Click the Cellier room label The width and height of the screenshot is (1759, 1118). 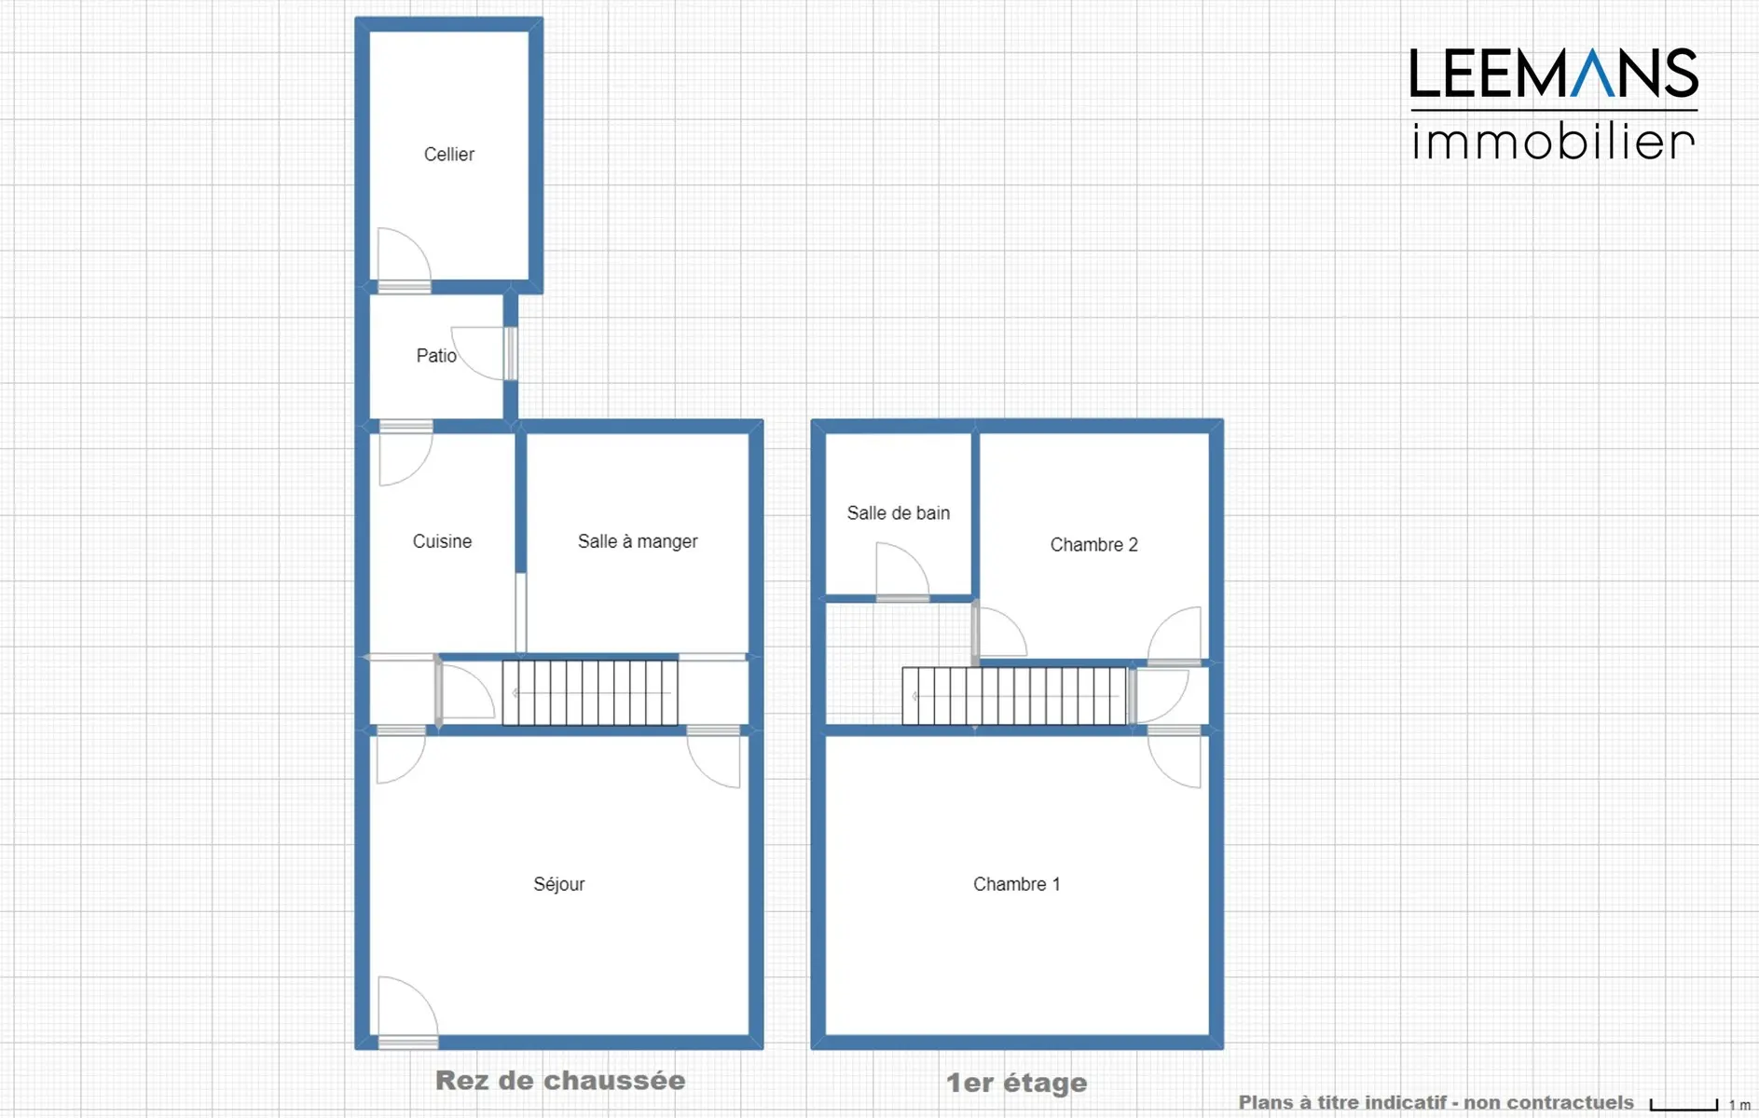449,155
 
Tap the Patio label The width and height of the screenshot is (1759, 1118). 436,356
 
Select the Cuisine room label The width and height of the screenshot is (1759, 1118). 442,541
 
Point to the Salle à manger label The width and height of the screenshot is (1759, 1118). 638,541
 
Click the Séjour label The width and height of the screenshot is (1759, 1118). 559,884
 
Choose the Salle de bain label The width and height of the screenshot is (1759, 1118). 899,513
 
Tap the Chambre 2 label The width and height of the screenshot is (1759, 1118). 1094,545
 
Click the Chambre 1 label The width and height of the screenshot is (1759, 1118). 1017,884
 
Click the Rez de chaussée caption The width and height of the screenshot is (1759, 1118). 560,1081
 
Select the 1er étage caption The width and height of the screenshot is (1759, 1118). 1017,1083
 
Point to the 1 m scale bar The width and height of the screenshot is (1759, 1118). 1683,1105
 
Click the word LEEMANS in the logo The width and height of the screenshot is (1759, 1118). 1554,74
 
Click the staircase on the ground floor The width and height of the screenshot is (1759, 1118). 590,692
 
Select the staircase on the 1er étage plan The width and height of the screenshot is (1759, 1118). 1014,696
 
